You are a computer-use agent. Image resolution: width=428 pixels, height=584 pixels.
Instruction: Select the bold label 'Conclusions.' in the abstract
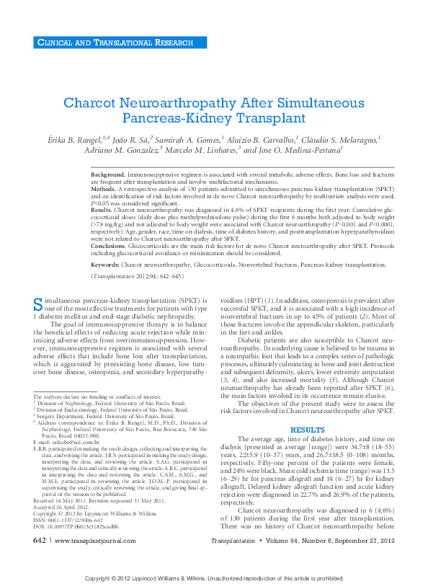108,245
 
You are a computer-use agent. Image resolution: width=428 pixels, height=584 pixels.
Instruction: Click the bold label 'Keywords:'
105,265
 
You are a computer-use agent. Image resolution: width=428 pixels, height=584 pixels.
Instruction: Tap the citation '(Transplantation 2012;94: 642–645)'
137,276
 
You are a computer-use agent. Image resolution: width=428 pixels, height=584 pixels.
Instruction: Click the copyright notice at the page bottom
214,578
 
